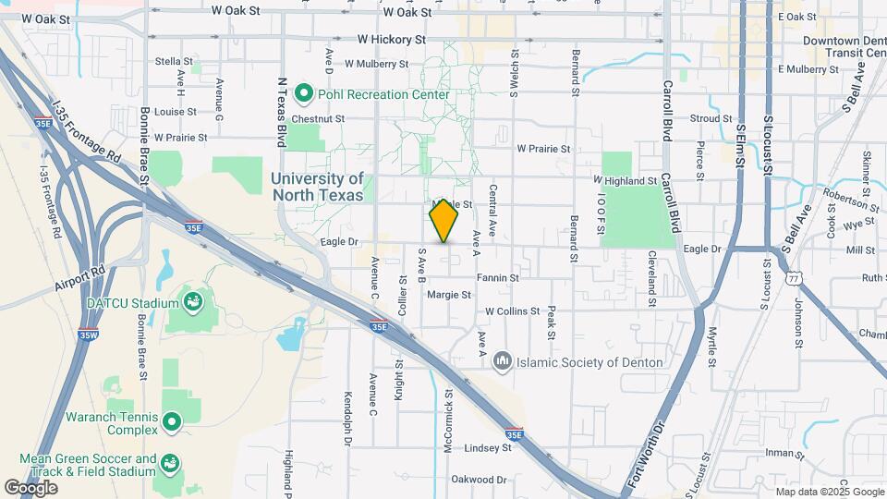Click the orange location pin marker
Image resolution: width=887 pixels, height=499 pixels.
[x=444, y=222]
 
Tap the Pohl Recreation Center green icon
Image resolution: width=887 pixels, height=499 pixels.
[x=303, y=94]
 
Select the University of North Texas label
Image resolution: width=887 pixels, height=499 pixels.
[x=318, y=187]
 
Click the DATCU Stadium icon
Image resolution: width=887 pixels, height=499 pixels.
[x=192, y=302]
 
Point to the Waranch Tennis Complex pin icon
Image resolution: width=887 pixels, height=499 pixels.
[x=171, y=423]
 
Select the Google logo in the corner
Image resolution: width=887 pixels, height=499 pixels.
[x=30, y=487]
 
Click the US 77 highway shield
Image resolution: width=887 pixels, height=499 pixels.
[x=792, y=277]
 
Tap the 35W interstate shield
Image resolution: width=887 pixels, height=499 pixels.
[x=88, y=335]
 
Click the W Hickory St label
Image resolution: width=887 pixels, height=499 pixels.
[x=391, y=41]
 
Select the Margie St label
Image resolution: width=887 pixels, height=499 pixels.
[x=449, y=295]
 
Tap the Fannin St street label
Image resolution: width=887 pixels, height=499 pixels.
[x=497, y=277]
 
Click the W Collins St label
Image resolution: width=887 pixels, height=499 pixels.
[x=512, y=311]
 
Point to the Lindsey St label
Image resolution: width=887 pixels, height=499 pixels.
[x=488, y=447]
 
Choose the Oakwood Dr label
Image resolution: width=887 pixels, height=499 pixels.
[x=479, y=480]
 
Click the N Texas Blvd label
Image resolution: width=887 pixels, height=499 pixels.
[x=283, y=112]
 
